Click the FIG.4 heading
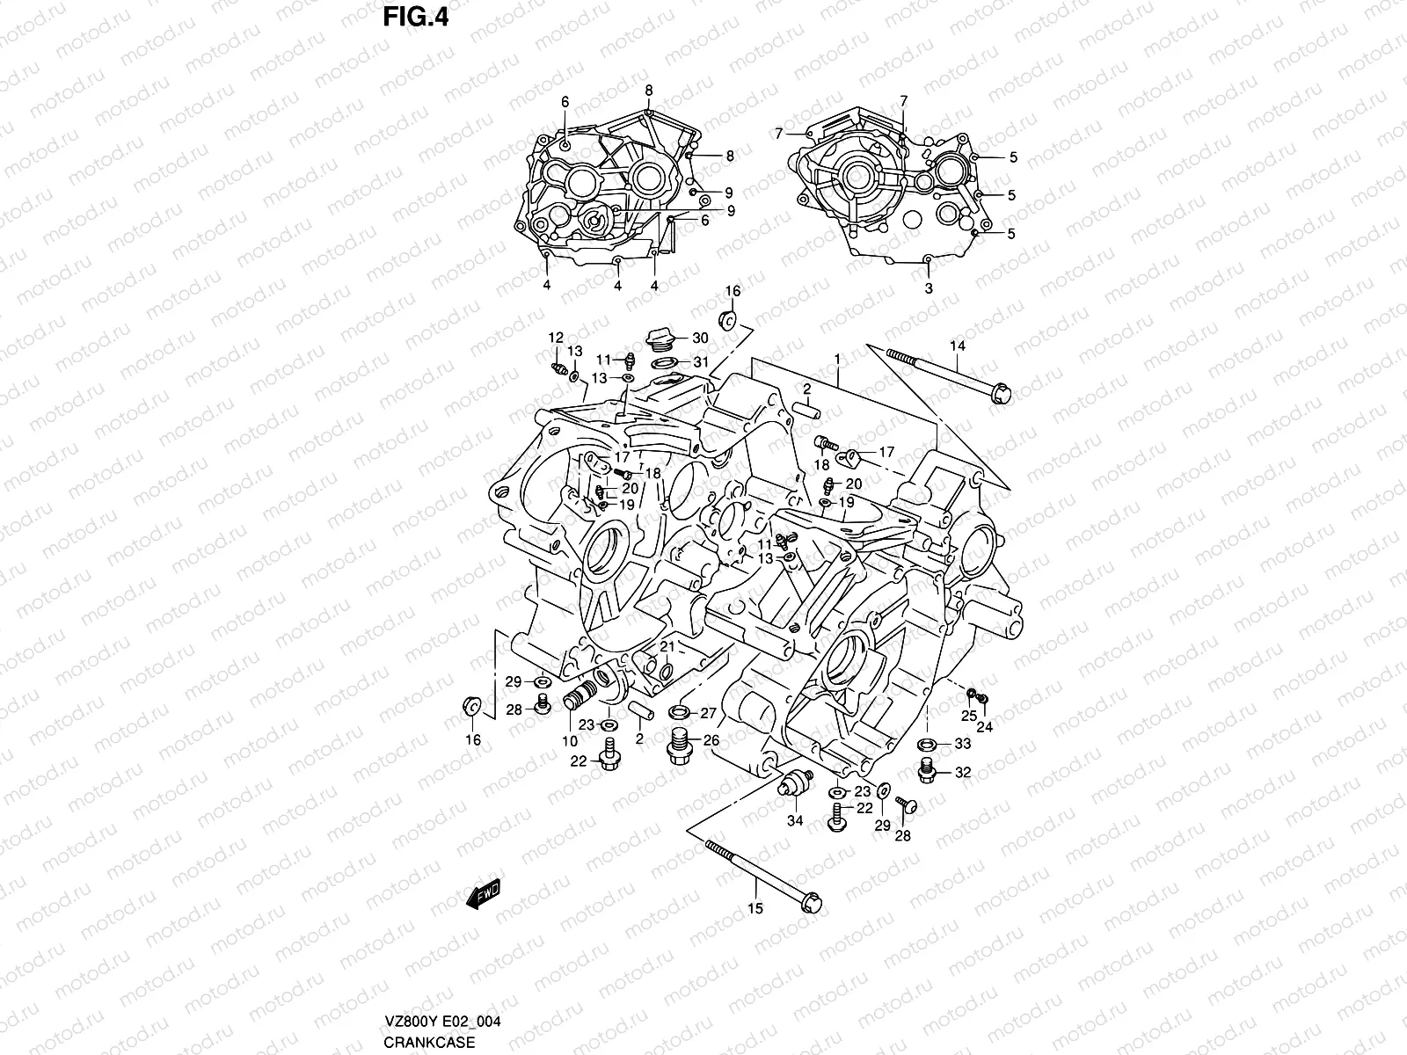pos(416,17)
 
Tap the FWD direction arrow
pos(483,895)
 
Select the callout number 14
pos(958,346)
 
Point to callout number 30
pos(700,338)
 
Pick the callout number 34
pos(794,821)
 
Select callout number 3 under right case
pos(929,287)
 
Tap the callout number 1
pos(837,359)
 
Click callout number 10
pos(570,741)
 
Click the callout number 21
pos(668,647)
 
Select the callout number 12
pos(556,338)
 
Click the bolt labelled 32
pos(926,771)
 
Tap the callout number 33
pos(962,745)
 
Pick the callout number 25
pos(968,716)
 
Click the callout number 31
pos(700,361)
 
